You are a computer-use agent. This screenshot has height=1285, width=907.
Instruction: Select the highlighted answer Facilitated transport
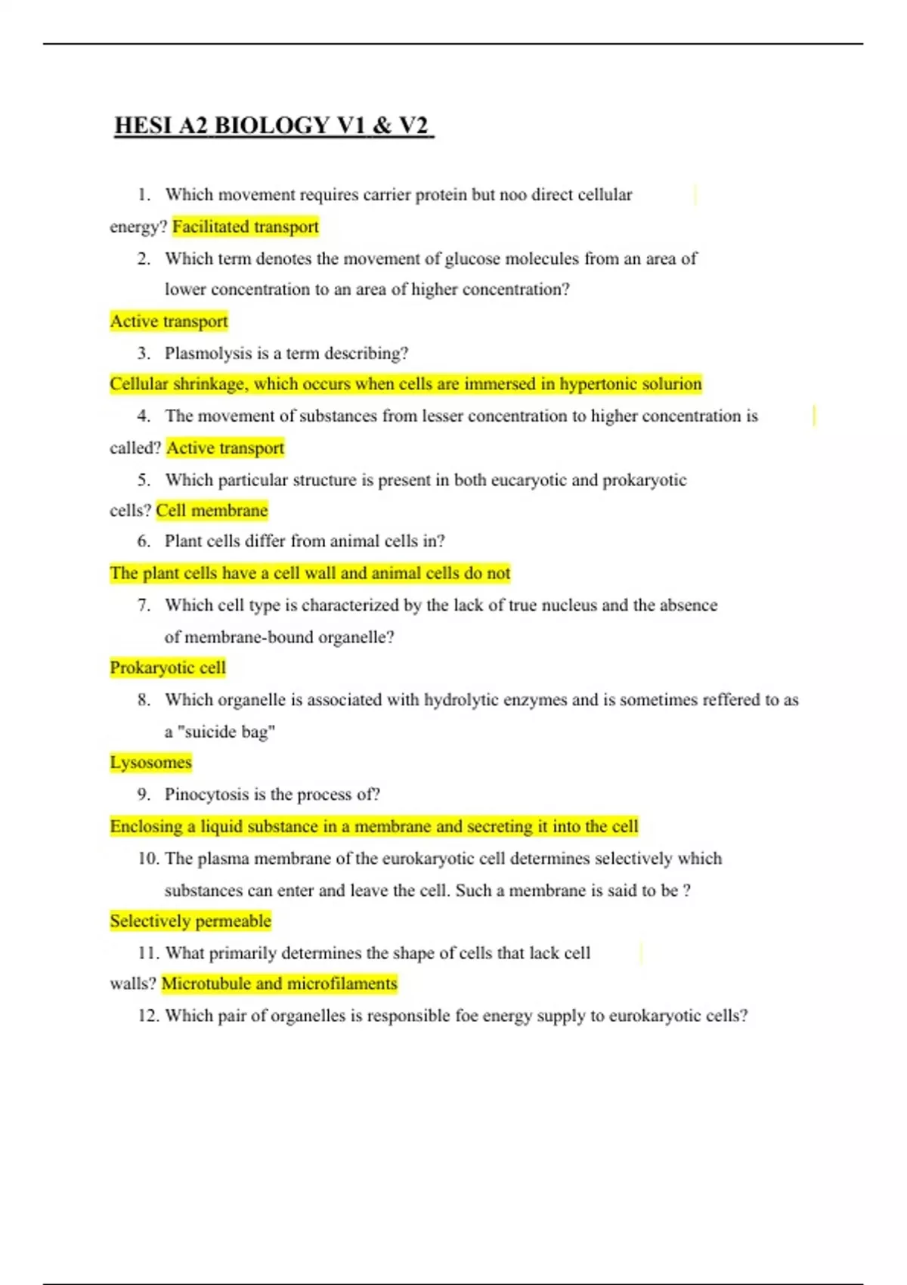point(246,227)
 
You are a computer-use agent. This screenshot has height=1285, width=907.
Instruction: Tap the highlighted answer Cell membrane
point(212,511)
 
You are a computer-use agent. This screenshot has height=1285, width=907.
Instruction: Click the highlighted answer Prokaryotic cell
point(168,668)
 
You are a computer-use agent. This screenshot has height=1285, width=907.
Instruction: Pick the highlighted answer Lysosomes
point(150,763)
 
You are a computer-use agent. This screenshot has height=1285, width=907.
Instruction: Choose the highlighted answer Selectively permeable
point(190,921)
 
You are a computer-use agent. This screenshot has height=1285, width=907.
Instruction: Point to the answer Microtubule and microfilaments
point(279,984)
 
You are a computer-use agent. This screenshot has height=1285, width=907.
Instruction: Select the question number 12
point(147,1016)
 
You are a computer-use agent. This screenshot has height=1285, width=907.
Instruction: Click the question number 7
point(144,605)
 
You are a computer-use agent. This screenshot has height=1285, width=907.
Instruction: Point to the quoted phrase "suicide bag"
point(225,732)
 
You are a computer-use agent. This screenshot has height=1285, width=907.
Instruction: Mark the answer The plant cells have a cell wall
point(310,574)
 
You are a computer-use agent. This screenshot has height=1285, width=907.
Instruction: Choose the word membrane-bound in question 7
point(249,637)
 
